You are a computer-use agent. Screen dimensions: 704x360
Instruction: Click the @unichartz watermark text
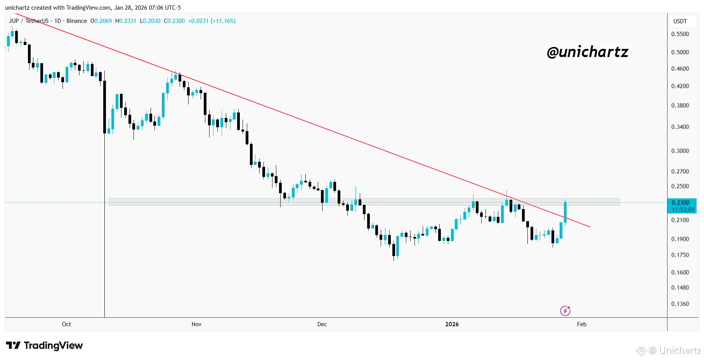587,52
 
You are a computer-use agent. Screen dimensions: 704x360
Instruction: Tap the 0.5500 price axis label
680,34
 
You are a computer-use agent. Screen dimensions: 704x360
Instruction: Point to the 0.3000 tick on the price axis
680,151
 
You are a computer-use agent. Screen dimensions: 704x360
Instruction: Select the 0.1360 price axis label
680,304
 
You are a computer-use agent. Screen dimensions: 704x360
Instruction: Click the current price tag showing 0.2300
682,206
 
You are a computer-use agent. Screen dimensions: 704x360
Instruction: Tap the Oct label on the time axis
66,324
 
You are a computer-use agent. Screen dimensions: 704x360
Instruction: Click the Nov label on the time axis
196,324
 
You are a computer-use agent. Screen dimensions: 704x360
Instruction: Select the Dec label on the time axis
322,324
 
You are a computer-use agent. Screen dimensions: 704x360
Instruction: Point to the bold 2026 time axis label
452,324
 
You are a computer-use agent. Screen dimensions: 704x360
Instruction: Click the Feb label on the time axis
581,324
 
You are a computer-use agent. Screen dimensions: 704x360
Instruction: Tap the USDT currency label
680,21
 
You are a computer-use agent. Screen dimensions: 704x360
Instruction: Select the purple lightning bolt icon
565,311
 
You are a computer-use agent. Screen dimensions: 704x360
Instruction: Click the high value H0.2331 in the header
126,21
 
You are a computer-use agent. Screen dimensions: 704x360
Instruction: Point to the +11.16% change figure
223,21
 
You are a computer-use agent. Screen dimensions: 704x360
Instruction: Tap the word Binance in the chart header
76,21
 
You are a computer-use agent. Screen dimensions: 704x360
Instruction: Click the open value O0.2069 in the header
101,21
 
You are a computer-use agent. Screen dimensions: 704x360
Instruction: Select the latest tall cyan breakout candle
565,212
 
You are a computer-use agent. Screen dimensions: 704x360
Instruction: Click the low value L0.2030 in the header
150,21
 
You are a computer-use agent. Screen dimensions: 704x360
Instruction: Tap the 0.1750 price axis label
680,255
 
